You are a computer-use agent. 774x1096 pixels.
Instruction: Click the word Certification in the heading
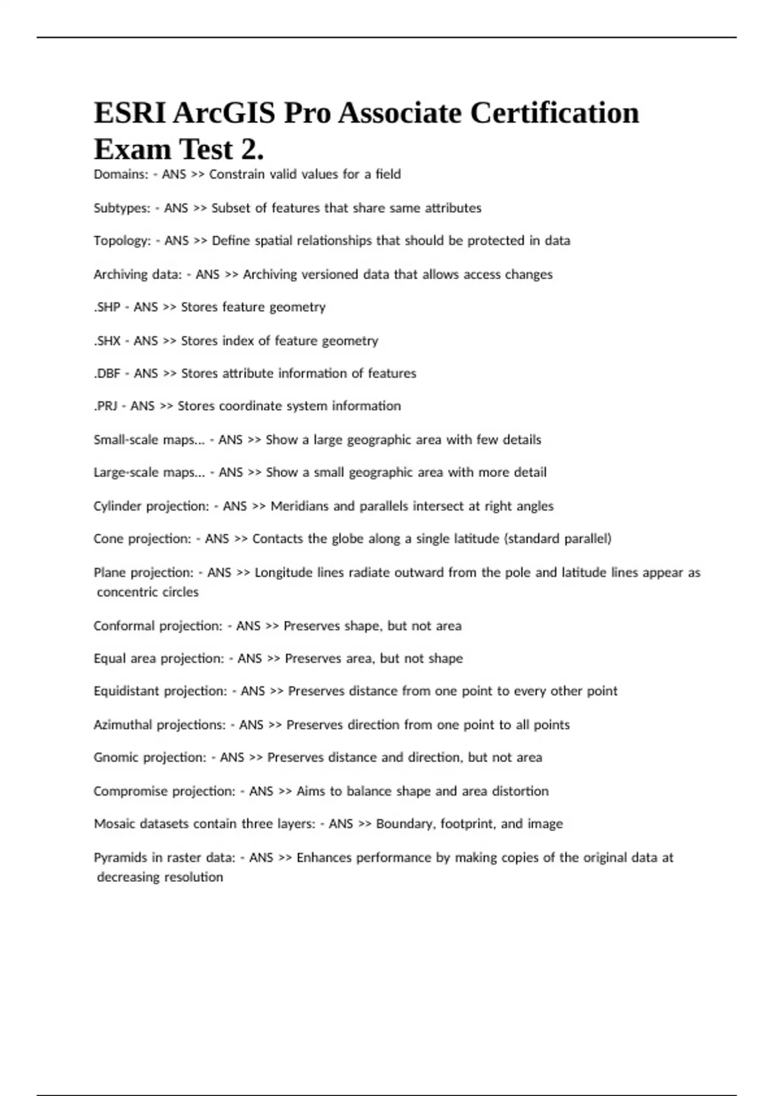click(554, 113)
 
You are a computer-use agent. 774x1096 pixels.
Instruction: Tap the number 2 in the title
click(250, 150)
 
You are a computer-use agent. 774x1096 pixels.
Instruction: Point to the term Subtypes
click(122, 208)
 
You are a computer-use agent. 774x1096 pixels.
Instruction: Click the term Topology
click(122, 241)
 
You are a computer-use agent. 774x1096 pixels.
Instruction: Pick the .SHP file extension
click(107, 308)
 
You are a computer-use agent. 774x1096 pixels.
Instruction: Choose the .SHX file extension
click(107, 341)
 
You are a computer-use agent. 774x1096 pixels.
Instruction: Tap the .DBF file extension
click(107, 373)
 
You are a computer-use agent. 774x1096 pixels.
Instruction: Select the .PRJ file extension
click(106, 406)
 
